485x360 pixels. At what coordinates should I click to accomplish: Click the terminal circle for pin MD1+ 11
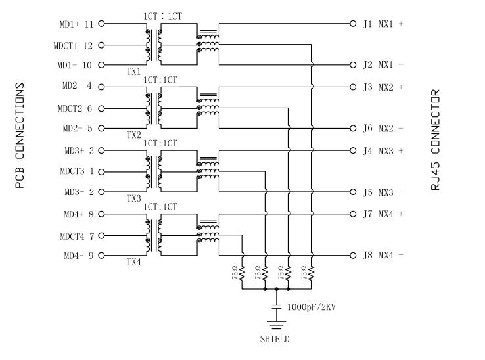[x=101, y=24]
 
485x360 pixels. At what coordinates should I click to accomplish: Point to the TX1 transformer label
[x=133, y=71]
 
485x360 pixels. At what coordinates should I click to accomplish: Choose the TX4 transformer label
[x=133, y=262]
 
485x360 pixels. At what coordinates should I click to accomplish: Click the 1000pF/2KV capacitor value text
[x=311, y=307]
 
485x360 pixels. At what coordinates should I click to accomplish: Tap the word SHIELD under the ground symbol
[x=273, y=340]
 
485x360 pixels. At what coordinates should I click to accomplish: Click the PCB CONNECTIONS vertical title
[x=20, y=135]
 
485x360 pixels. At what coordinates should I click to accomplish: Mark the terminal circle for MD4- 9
[x=101, y=255]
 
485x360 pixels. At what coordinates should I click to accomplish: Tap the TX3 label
[x=133, y=198]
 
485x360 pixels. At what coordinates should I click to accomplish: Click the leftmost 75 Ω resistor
[x=242, y=272]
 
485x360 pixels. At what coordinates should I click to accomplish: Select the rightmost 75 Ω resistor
[x=312, y=272]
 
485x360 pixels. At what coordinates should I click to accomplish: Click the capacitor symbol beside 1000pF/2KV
[x=277, y=307]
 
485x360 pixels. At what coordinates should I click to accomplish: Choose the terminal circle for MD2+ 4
[x=101, y=86]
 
